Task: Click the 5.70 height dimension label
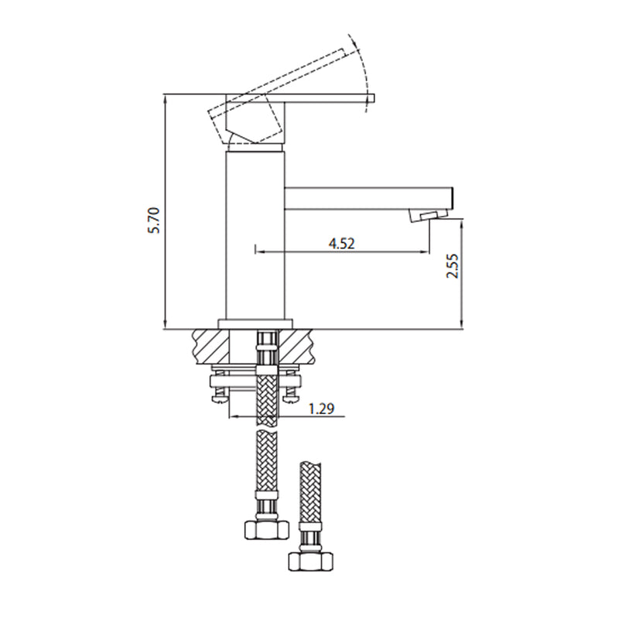pos(154,221)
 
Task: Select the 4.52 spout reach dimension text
pos(341,243)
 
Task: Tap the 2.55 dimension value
pos(453,266)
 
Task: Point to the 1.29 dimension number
pos(320,409)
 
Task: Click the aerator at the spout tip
pos(424,216)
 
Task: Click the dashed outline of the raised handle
pos(286,81)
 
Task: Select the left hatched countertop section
pos(211,345)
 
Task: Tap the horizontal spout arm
pos(364,197)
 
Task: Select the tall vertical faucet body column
pos(255,232)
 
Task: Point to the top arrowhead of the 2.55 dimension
pos(462,223)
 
